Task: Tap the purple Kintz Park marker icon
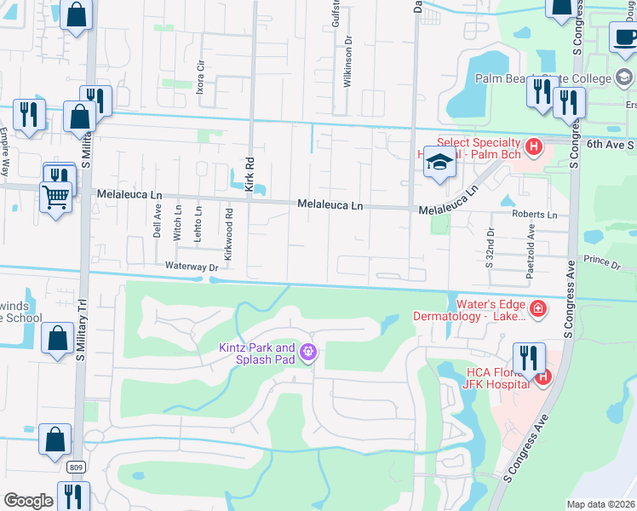(x=308, y=352)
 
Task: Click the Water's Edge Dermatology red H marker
(x=537, y=307)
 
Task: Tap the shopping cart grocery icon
(x=55, y=198)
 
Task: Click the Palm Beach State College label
(x=542, y=78)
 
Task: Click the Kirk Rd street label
(x=250, y=176)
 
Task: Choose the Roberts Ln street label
(x=534, y=215)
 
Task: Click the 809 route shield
(x=76, y=468)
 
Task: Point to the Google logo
(x=29, y=501)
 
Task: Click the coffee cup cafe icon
(x=626, y=38)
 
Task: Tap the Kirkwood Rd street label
(x=228, y=224)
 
